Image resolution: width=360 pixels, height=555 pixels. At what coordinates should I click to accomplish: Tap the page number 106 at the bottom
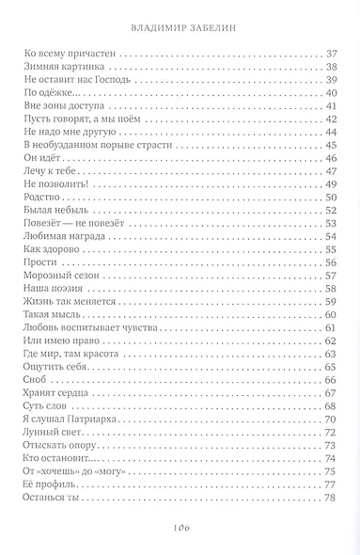(x=180, y=528)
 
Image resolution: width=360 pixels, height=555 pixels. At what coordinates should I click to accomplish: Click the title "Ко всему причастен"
(x=65, y=53)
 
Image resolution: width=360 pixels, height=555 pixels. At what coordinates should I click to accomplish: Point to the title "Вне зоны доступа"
(x=59, y=106)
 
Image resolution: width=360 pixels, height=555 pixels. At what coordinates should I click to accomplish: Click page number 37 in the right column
(x=330, y=53)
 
